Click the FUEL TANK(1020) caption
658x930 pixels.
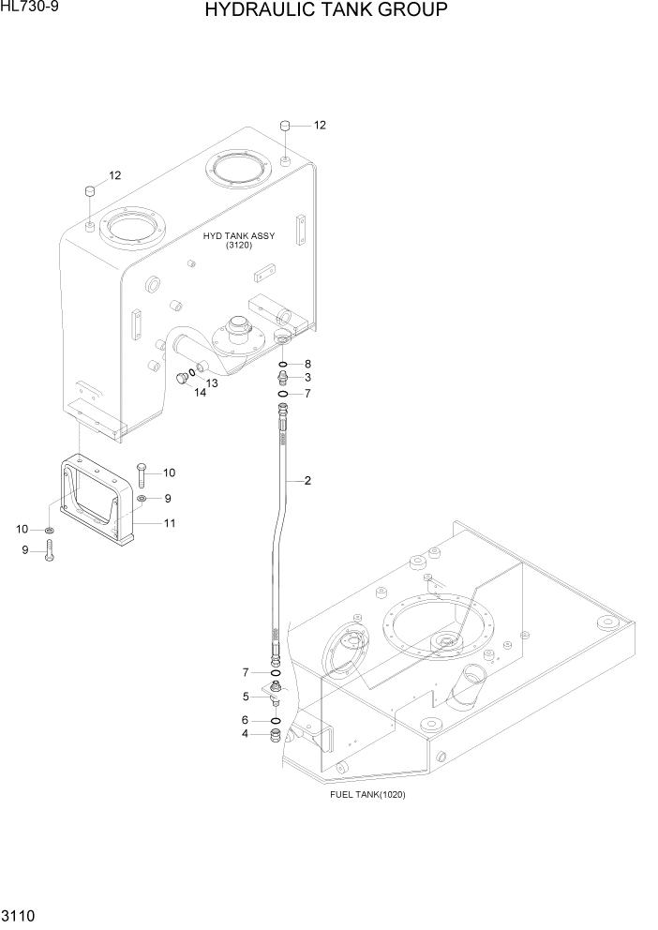pos(367,794)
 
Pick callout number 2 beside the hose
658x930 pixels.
pos(307,481)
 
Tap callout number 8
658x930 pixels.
pos(307,364)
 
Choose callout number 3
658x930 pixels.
pos(307,378)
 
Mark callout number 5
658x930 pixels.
pos(246,697)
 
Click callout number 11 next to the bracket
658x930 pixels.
pos(170,523)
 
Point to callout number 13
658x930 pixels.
pos(212,383)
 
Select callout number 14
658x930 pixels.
pos(200,394)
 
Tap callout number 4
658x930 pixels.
pos(246,734)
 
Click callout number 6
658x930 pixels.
pos(246,720)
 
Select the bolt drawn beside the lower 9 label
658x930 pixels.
pos(49,549)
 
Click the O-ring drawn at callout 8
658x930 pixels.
pos(282,364)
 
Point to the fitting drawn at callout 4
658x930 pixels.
pos(276,734)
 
